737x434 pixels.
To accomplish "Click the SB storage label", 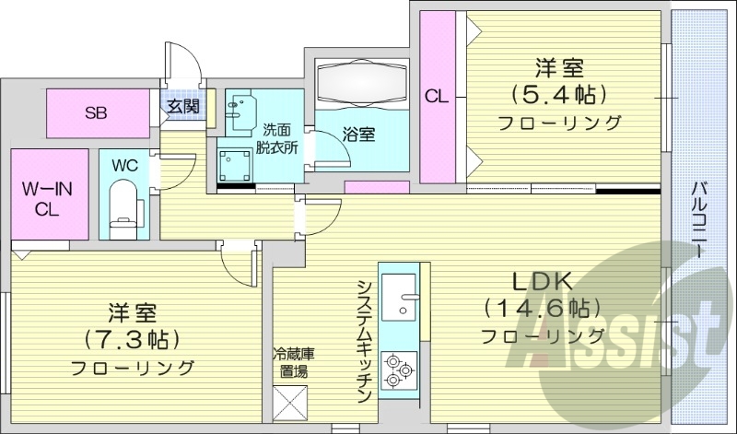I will click(x=97, y=113).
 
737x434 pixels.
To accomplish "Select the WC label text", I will click(x=125, y=167).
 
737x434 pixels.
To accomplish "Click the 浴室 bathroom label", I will click(x=358, y=135).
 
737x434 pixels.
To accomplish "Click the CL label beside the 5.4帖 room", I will click(x=437, y=94).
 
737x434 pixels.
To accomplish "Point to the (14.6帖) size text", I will click(x=543, y=308).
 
